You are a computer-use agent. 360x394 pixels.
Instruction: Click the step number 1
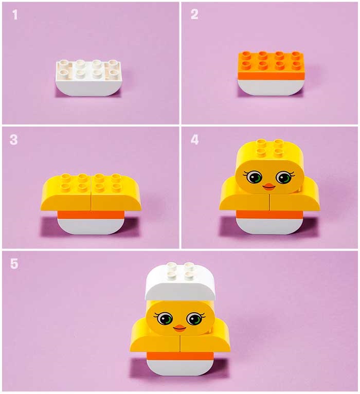(15, 14)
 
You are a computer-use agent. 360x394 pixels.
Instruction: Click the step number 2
(194, 14)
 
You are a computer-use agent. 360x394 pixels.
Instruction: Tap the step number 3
(13, 140)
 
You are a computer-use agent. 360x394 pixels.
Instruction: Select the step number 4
(194, 140)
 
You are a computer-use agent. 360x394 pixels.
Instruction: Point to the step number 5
(14, 263)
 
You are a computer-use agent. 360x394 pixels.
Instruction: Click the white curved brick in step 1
(88, 78)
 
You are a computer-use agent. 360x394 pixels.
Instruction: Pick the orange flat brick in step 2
(272, 65)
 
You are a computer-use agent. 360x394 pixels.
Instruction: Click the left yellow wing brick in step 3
(66, 192)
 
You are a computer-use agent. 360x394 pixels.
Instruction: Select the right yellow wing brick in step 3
(116, 192)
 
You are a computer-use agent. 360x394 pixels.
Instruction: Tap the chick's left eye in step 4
(254, 177)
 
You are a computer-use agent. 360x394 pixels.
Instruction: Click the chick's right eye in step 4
(284, 177)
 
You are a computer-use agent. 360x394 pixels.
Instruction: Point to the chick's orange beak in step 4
(269, 187)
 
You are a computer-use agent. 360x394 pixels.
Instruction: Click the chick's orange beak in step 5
(179, 328)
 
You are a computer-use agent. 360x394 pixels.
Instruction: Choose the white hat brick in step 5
(181, 283)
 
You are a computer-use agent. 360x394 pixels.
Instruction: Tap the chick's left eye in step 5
(165, 318)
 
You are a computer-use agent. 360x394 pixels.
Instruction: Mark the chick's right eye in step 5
(194, 319)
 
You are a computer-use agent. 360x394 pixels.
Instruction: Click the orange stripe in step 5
(180, 356)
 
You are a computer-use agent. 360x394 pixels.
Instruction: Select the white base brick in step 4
(270, 226)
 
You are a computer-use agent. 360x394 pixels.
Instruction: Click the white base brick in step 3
(91, 226)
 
